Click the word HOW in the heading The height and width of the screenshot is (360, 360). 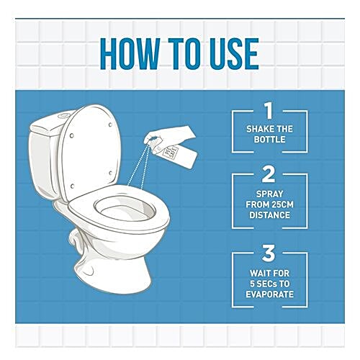[x=130, y=54]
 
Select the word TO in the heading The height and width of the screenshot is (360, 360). [x=185, y=54]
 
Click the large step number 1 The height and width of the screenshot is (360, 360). [x=269, y=111]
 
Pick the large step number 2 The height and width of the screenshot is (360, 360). [x=269, y=174]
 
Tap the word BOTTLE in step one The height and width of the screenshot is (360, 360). [x=269, y=140]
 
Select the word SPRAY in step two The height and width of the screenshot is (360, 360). [x=269, y=194]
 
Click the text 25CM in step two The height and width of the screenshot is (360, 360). [x=281, y=204]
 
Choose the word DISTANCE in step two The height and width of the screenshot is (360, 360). [x=269, y=215]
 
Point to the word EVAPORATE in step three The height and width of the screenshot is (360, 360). [x=269, y=294]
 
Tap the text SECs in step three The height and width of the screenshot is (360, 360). [x=266, y=284]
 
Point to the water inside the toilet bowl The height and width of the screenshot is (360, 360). [x=122, y=212]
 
